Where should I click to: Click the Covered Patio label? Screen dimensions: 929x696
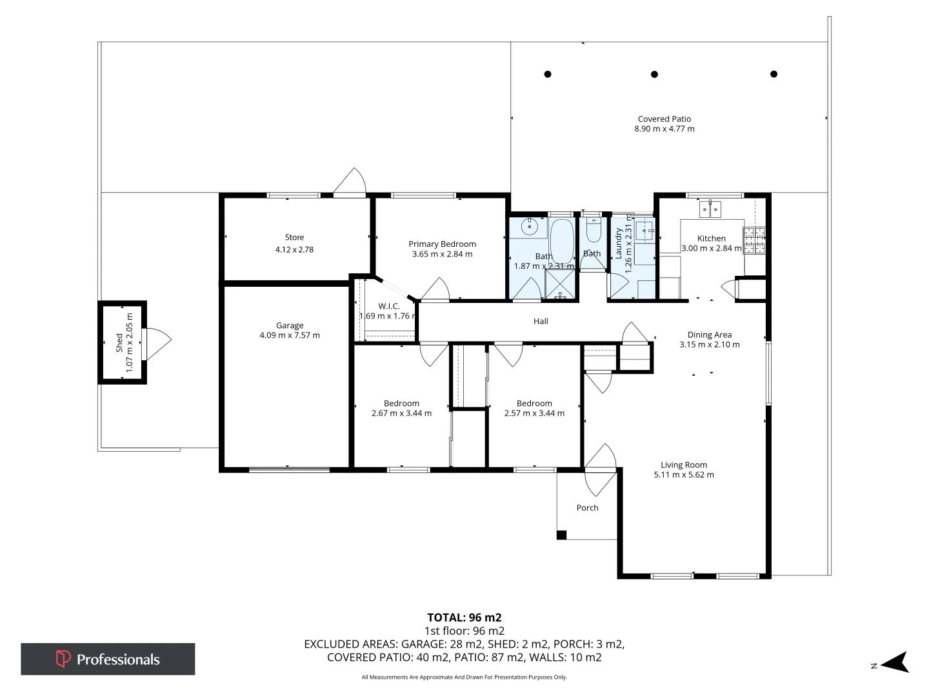[664, 119]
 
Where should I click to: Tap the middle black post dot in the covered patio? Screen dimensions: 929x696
[654, 74]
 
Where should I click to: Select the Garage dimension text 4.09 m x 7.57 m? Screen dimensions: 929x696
[290, 335]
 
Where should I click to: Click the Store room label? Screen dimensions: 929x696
[294, 237]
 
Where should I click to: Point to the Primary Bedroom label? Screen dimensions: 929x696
[443, 244]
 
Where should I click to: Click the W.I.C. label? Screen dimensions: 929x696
[388, 306]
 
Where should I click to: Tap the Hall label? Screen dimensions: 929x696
[541, 321]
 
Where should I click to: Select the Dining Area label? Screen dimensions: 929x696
[710, 334]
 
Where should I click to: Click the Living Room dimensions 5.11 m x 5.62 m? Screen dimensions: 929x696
[683, 474]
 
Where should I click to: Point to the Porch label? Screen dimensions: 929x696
[587, 508]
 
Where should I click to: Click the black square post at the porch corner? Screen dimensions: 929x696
[561, 535]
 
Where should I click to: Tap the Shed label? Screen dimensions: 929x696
[119, 343]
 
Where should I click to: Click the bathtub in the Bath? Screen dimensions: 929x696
[562, 242]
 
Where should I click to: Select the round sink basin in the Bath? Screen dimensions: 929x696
[529, 227]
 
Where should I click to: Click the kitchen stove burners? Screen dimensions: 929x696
[754, 240]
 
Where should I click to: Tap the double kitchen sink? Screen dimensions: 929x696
[710, 209]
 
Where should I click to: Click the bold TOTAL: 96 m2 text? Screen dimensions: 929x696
[464, 617]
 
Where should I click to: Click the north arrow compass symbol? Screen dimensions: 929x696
[894, 662]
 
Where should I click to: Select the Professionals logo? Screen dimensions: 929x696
[108, 659]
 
